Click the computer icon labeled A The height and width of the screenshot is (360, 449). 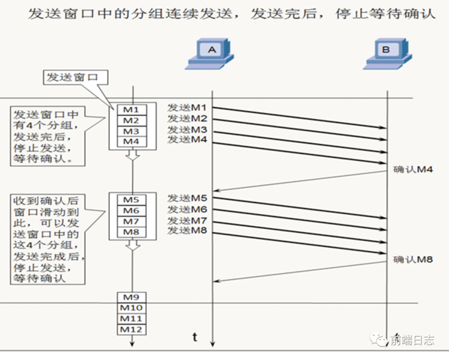(x=210, y=54)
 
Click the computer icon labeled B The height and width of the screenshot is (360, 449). (x=388, y=54)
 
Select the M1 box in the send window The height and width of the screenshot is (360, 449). (x=132, y=110)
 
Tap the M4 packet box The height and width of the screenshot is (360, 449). (x=132, y=141)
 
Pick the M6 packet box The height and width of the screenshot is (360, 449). (x=132, y=211)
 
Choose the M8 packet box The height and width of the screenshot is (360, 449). (x=132, y=232)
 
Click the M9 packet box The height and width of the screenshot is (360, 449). (x=132, y=297)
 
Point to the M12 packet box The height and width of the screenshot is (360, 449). (x=132, y=329)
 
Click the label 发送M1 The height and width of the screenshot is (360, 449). (x=187, y=108)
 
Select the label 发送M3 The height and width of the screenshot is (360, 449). (x=187, y=129)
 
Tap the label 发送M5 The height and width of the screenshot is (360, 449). (x=187, y=198)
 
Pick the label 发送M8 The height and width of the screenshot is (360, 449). (x=187, y=231)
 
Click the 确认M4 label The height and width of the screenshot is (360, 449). (x=413, y=170)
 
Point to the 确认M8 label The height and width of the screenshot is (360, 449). (x=413, y=260)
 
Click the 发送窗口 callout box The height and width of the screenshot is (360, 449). (x=76, y=77)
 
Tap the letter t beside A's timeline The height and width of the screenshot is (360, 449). (x=195, y=337)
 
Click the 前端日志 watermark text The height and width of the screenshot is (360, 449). (x=412, y=341)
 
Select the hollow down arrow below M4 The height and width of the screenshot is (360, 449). (x=132, y=155)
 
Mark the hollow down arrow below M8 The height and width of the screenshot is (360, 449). (x=132, y=245)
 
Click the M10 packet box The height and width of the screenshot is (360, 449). (x=132, y=308)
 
